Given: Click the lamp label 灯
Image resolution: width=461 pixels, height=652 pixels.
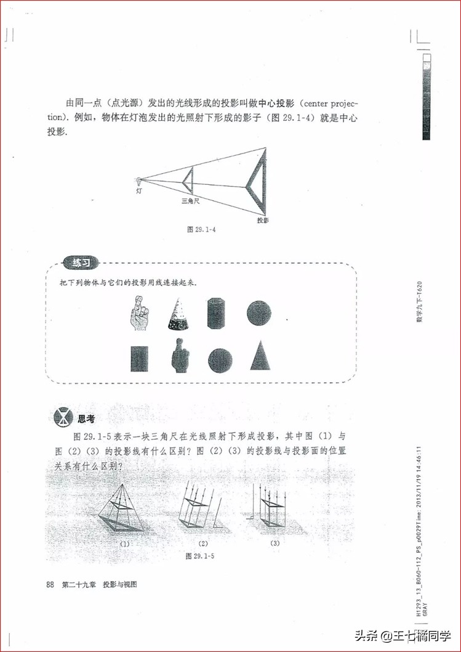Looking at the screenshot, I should click(x=140, y=191).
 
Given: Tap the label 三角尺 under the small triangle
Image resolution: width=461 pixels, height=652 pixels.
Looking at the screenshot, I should click(x=190, y=202).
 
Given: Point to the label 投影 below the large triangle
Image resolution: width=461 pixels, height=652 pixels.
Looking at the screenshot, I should click(x=263, y=220).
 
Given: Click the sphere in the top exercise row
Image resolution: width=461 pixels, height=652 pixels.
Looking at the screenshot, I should click(x=259, y=313).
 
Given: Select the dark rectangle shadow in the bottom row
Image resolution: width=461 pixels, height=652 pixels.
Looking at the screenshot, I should click(x=139, y=358).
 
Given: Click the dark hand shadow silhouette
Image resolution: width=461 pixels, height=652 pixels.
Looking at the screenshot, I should click(x=179, y=356).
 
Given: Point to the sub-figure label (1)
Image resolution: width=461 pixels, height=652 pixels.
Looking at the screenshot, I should click(x=125, y=544).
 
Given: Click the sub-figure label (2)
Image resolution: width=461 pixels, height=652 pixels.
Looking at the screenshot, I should click(x=203, y=544).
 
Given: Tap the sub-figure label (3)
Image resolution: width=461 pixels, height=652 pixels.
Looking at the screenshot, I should click(x=275, y=543).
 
